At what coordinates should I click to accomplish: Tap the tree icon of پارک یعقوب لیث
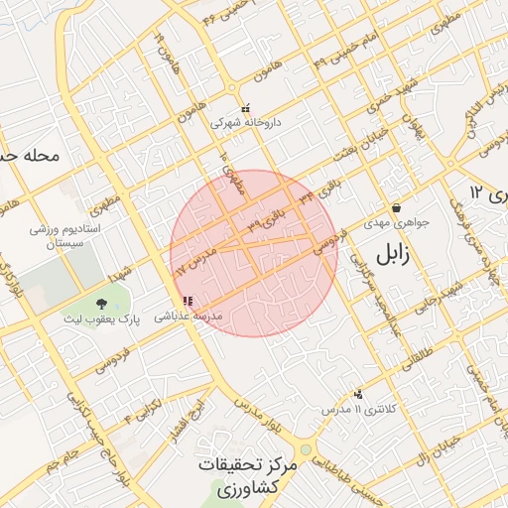pos(102,302)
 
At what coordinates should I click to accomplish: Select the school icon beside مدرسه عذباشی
pos(187,301)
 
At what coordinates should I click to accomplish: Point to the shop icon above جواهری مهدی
pos(397,208)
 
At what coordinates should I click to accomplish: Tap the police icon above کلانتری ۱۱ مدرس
pos(358,394)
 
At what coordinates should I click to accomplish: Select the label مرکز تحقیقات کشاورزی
pos(248,476)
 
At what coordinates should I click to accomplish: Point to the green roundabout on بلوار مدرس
pos(306,450)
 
